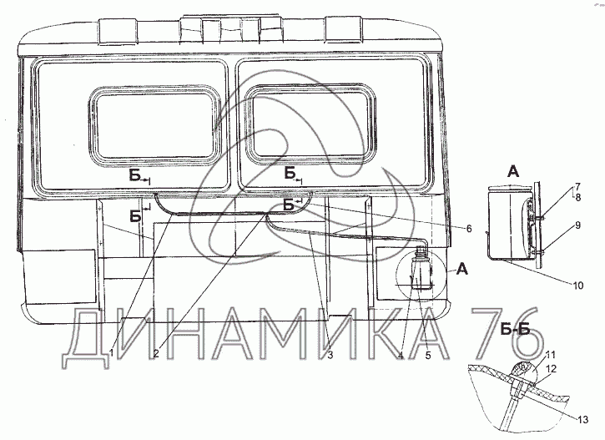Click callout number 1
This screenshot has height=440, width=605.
tap(111, 354)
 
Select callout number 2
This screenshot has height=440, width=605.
tap(156, 354)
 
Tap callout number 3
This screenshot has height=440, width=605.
tap(330, 353)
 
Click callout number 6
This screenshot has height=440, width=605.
tap(469, 228)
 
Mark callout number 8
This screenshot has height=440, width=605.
tap(576, 197)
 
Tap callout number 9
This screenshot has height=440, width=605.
tap(576, 225)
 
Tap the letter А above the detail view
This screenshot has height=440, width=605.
tap(514, 170)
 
